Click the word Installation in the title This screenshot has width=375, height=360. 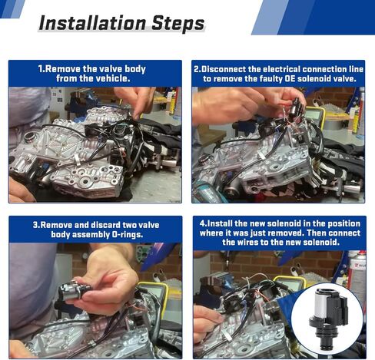coord(93,23)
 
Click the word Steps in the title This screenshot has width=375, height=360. coord(178,24)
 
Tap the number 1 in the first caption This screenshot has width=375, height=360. coord(40,69)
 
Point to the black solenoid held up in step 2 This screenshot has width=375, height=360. coord(297,107)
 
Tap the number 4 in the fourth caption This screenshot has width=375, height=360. coord(202,223)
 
